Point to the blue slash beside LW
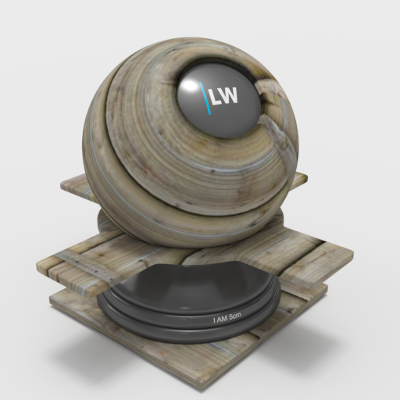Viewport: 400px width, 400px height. (x=205, y=98)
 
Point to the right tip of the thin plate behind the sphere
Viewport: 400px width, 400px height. (x=307, y=178)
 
